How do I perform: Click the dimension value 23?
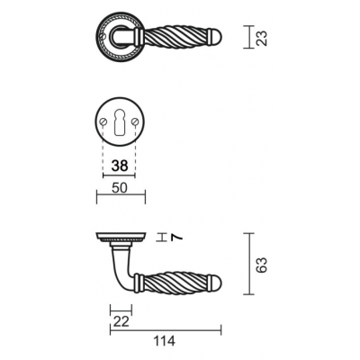pos(262,38)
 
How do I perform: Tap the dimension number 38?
pos(120,166)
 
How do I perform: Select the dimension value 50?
pos(120,188)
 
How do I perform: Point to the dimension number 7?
pos(177,238)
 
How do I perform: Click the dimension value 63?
pos(261,265)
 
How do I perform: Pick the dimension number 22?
pos(121,321)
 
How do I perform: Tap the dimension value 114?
pos(164,341)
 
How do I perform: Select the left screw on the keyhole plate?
pos(103,121)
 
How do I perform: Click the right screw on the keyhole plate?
pos(135,121)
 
